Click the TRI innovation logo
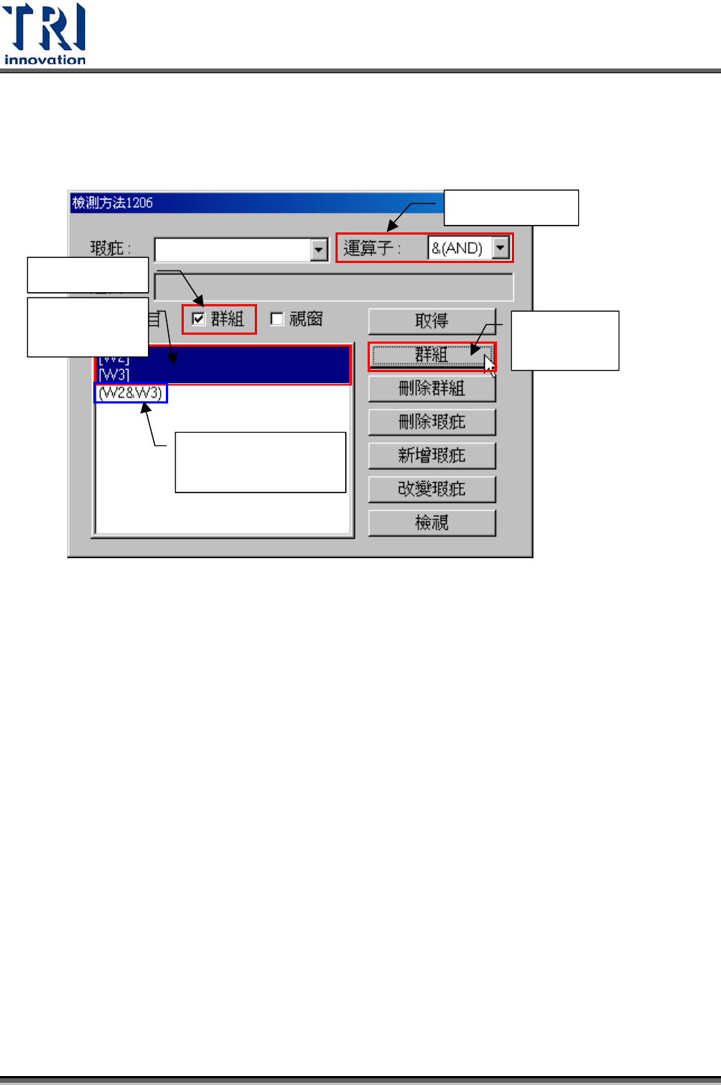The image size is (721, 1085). [45, 34]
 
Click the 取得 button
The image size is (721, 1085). [432, 321]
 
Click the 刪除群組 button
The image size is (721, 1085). [432, 388]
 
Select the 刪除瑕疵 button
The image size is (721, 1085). [432, 421]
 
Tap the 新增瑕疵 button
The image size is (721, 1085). [432, 455]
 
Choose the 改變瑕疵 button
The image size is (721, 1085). [432, 489]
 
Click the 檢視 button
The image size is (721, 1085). [432, 522]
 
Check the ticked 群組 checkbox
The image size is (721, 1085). [199, 319]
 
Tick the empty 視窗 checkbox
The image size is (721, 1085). [277, 319]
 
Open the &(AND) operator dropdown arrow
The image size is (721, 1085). [501, 247]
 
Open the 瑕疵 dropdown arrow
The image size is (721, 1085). [319, 249]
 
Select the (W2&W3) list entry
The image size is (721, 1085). [131, 393]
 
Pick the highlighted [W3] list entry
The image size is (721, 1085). [114, 374]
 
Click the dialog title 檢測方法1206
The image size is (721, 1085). [113, 203]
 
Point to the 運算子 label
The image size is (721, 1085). [371, 248]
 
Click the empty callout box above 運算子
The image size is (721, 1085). [511, 208]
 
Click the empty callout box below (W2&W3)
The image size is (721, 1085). [260, 462]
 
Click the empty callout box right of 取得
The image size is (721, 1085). [565, 340]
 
